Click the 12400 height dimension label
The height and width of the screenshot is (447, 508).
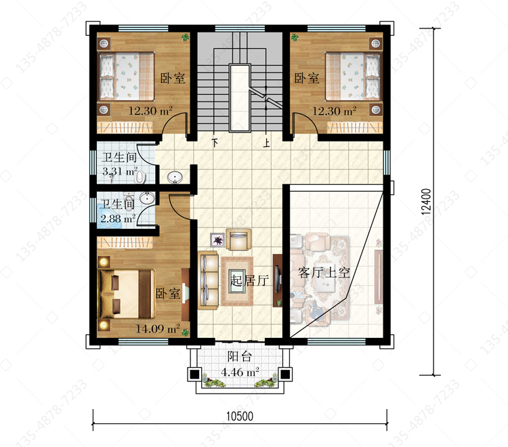427,201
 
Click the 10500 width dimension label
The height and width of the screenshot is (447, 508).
240,417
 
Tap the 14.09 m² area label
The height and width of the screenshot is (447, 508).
158,328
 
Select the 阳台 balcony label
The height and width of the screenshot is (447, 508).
239,357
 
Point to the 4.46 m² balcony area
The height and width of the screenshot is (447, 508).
240,372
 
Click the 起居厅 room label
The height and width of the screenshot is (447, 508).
249,280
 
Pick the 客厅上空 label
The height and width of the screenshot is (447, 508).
324,272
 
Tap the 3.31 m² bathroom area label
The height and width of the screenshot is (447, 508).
120,171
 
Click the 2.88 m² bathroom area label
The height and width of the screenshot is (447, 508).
118,219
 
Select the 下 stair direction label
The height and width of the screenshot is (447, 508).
215,142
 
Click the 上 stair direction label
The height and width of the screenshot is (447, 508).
266,143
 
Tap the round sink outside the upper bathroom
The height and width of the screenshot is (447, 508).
175,177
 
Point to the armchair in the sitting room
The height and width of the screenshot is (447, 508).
238,239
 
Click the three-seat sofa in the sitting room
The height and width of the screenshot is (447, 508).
208,280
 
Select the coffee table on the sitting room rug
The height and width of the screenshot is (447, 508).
237,281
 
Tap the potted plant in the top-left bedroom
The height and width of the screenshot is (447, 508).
185,37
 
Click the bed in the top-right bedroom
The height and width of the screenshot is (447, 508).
352,76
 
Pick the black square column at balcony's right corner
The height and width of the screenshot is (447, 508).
285,375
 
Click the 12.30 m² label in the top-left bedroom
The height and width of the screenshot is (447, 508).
150,111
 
